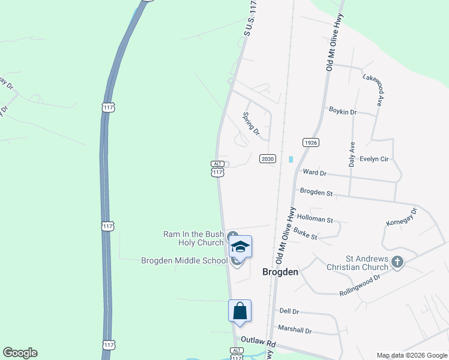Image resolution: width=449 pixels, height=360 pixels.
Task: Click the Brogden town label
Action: (280, 272)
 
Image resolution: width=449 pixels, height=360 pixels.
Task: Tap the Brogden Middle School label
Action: (184, 260)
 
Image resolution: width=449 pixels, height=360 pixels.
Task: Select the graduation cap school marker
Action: (240, 247)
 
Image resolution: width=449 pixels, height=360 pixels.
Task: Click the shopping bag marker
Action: (239, 311)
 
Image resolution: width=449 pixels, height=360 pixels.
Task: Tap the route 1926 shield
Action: (310, 142)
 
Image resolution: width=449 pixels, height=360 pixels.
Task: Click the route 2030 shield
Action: (267, 158)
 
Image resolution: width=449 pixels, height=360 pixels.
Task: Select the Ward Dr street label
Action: (315, 172)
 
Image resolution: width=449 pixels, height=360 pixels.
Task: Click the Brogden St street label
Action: (316, 192)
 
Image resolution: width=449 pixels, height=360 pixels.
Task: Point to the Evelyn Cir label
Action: (374, 159)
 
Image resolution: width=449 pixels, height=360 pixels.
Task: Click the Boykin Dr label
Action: (343, 111)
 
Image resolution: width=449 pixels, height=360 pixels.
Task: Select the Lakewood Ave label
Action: (372, 90)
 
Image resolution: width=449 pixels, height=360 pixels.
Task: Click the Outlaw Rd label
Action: (258, 341)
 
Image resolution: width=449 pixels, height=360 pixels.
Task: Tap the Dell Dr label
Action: (289, 311)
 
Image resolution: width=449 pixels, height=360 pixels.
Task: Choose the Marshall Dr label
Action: (295, 330)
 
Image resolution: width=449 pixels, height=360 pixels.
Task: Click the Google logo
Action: (20, 353)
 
